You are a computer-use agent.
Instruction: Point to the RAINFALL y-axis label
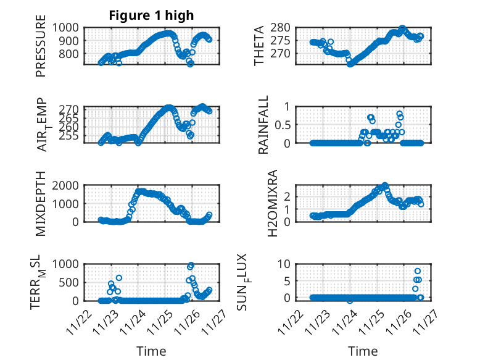coord(263,125)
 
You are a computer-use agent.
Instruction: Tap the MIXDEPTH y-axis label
coord(41,203)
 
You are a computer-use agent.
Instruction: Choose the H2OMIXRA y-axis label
coord(263,203)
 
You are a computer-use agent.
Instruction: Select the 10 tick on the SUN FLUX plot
coord(284,264)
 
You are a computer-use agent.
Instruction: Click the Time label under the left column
coord(151,351)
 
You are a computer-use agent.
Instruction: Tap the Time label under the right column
coord(363,351)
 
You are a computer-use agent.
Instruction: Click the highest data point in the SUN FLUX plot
coord(418,271)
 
